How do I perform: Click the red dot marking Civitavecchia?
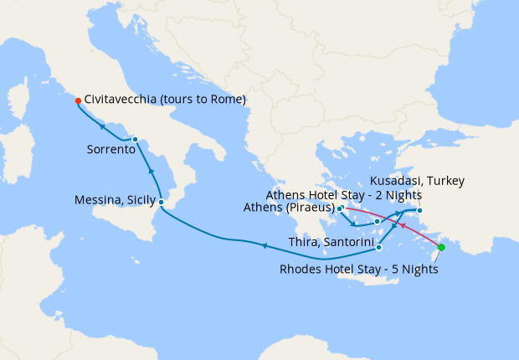(78, 100)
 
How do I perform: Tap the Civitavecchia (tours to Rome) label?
(165, 100)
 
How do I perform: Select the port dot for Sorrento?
(135, 139)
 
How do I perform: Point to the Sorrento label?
(111, 150)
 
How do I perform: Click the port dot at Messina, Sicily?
(161, 203)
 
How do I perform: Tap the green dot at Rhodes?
(441, 247)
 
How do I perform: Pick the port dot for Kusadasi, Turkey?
(419, 210)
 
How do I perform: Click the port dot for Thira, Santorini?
(379, 247)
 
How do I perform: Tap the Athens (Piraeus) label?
(289, 208)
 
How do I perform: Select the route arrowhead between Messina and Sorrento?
(152, 171)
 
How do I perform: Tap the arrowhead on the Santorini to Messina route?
(264, 245)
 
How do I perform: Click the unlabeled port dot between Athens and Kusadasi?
(377, 222)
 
